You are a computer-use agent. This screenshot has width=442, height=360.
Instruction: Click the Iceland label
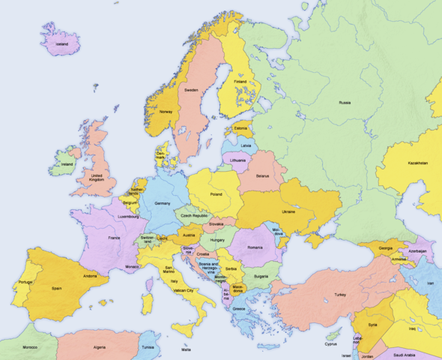61,43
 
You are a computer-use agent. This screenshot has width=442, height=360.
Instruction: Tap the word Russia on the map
345,102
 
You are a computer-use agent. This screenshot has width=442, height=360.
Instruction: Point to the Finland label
240,81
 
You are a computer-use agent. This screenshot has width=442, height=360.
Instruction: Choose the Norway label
166,112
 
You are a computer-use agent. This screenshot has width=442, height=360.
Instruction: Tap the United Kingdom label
97,177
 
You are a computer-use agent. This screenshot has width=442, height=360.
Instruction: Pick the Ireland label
67,163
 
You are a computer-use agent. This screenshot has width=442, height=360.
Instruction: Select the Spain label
56,288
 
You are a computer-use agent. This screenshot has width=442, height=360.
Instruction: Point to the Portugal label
23,281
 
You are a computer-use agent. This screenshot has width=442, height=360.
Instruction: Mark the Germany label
163,203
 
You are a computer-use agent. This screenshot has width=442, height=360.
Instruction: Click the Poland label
216,193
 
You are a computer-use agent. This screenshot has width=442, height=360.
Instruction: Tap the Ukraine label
288,211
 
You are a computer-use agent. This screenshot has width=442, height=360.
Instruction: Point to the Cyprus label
331,344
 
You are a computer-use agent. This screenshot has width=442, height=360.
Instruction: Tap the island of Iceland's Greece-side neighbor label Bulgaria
261,276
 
